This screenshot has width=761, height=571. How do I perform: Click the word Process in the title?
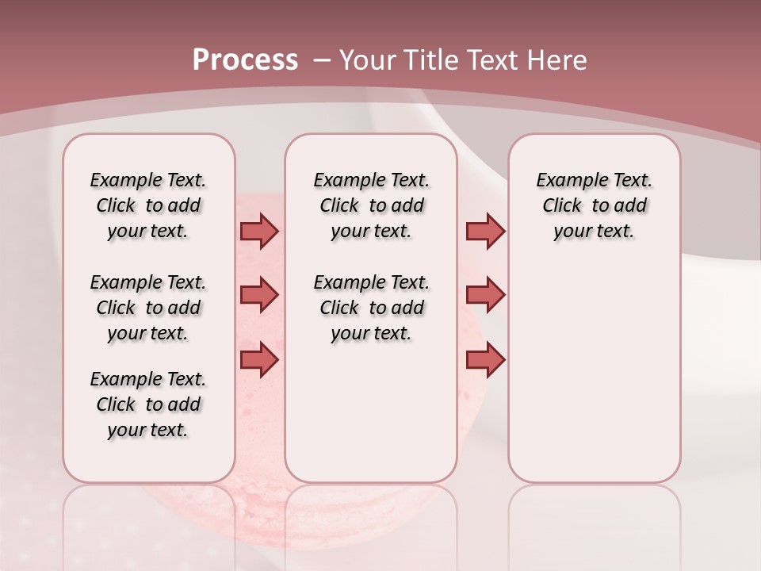(x=245, y=60)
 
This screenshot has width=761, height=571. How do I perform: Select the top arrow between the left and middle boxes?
(x=259, y=231)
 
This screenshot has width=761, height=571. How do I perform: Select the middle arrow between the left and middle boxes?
(x=259, y=295)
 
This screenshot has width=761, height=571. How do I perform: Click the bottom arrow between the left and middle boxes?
(x=259, y=360)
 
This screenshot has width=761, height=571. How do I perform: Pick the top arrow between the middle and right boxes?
(x=485, y=231)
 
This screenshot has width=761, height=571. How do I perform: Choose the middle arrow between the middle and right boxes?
(x=485, y=295)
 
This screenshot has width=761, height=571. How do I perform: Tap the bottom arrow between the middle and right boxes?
(x=485, y=360)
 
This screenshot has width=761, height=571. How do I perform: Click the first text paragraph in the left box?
(x=148, y=205)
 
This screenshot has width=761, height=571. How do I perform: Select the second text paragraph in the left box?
(x=148, y=308)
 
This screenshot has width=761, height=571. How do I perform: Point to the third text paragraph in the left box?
(x=148, y=404)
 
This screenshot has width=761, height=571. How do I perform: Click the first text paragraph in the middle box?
(x=371, y=205)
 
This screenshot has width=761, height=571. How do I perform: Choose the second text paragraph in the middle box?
(x=371, y=308)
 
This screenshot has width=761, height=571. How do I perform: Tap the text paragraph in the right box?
(x=594, y=205)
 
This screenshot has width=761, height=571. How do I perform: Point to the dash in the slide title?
(x=322, y=60)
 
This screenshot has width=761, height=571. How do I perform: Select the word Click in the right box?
(x=563, y=206)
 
